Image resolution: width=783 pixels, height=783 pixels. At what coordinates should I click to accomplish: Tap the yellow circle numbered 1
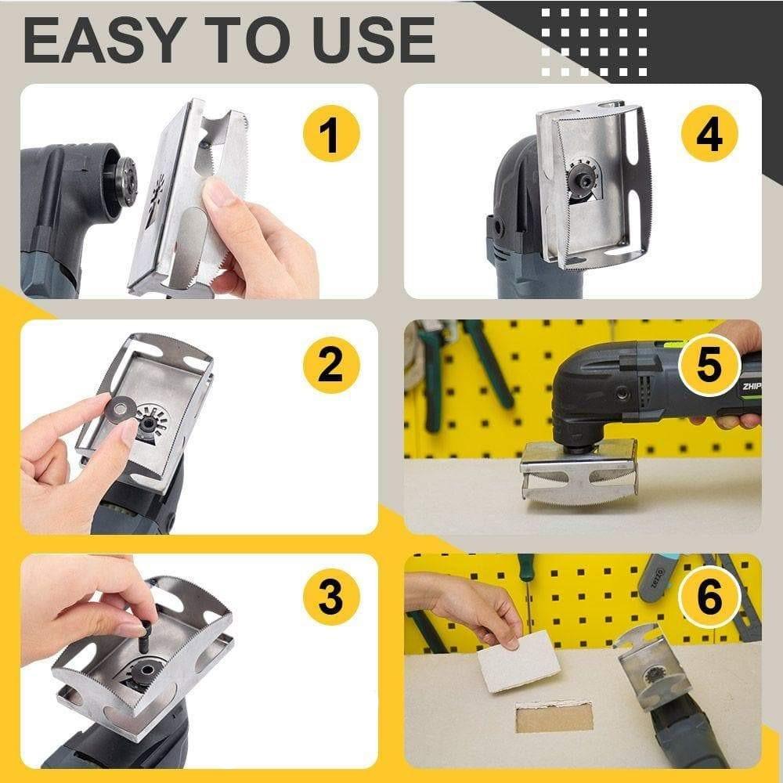pyautogui.click(x=330, y=134)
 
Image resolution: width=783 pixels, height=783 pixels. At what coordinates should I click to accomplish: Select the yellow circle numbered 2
pyautogui.click(x=330, y=365)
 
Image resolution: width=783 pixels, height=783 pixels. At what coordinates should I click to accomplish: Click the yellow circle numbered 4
pyautogui.click(x=709, y=134)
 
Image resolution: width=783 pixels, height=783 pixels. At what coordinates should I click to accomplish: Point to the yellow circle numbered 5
pyautogui.click(x=709, y=365)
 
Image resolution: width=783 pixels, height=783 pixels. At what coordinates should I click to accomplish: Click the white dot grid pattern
pyautogui.click(x=594, y=41)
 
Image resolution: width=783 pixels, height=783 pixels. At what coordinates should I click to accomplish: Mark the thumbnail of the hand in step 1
pyautogui.click(x=220, y=191)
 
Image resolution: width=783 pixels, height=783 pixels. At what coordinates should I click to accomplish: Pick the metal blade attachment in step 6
pyautogui.click(x=650, y=666)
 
